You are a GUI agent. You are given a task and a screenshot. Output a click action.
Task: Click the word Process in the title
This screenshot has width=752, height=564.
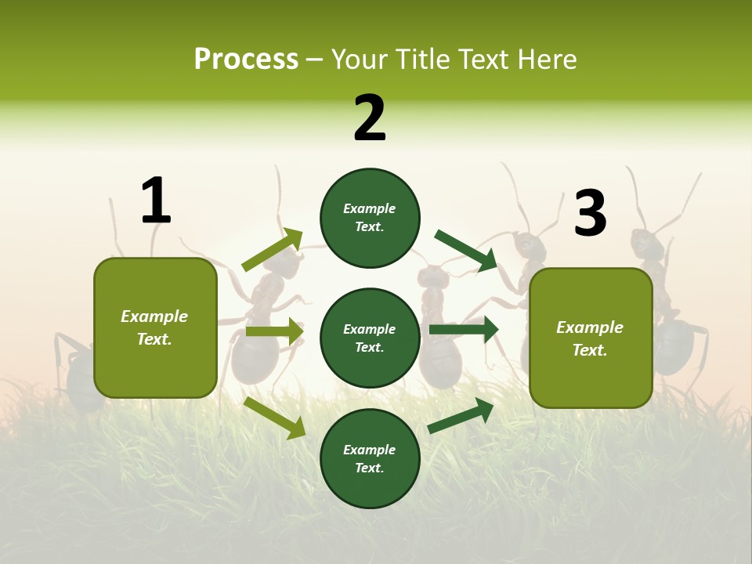[246, 60]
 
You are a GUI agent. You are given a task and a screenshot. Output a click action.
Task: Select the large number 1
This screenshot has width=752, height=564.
[156, 201]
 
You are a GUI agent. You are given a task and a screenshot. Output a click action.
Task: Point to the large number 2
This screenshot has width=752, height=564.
[370, 118]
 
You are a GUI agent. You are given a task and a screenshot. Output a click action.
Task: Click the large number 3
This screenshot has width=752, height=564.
[590, 213]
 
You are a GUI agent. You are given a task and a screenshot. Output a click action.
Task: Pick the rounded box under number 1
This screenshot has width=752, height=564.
[155, 327]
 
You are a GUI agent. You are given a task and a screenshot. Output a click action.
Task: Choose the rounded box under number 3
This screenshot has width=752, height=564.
[591, 338]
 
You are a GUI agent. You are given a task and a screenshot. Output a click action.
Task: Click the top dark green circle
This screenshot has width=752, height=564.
[370, 218]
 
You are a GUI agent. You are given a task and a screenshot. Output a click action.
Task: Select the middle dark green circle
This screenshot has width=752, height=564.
[370, 338]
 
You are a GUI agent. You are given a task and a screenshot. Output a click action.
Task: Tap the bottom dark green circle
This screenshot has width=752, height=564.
[370, 458]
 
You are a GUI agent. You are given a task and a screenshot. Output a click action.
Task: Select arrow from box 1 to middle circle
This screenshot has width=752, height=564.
[274, 331]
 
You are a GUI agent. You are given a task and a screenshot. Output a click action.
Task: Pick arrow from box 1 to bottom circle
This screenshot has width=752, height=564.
[275, 418]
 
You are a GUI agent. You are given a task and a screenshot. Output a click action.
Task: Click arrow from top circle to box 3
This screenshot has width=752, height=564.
[466, 251]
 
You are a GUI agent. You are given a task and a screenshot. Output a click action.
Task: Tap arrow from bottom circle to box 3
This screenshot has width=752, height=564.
[461, 416]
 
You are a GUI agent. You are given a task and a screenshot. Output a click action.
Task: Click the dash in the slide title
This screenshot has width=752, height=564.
[314, 60]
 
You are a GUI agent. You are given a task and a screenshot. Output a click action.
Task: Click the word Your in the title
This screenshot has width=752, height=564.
[360, 60]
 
